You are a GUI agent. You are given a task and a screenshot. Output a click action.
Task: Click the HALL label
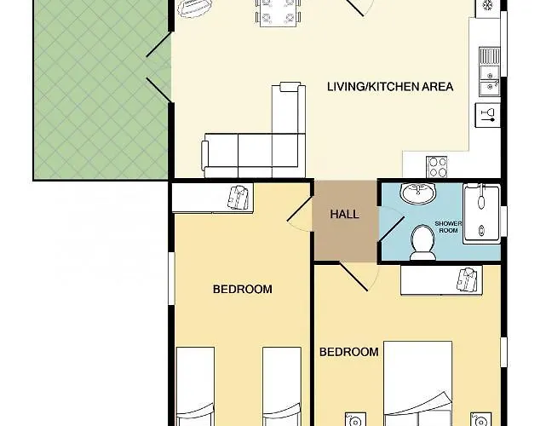(x=344, y=214)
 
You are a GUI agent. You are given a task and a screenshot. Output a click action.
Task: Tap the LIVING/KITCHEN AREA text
(x=390, y=86)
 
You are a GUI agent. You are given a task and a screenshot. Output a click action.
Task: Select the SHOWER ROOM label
(x=448, y=227)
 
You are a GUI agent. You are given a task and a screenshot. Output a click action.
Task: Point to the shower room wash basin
(x=418, y=193)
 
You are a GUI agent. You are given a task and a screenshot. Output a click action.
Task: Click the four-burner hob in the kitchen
(x=437, y=167)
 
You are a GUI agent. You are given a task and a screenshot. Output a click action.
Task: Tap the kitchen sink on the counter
(x=490, y=72)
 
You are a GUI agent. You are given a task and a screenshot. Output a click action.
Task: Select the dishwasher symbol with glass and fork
(x=488, y=115)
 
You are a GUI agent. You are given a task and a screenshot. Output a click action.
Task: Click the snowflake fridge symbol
(x=487, y=6)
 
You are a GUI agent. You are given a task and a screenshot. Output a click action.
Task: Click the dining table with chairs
(x=278, y=11)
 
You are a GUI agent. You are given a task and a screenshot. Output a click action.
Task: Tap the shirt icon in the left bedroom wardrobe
(x=239, y=197)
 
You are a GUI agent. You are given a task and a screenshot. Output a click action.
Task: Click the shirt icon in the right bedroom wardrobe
(x=467, y=279)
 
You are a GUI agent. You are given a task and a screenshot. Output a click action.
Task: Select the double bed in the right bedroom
(x=418, y=383)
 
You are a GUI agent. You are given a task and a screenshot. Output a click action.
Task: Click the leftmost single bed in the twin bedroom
(x=195, y=386)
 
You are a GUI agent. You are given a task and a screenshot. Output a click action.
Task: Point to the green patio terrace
(x=101, y=90)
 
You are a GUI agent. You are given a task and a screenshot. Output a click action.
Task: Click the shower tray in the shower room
(x=481, y=214)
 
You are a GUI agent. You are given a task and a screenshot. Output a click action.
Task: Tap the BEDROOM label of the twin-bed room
(x=243, y=289)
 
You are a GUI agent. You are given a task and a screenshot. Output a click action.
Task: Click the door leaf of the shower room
(x=392, y=229)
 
